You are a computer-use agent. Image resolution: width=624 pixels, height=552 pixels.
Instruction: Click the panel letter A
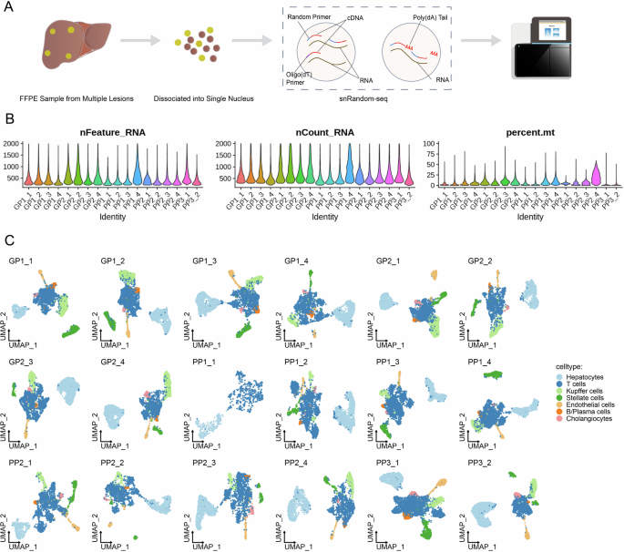(x=10, y=8)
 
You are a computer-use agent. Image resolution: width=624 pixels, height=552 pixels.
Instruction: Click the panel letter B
(x=10, y=118)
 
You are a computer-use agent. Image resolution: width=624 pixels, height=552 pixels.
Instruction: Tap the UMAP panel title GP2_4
(x=113, y=363)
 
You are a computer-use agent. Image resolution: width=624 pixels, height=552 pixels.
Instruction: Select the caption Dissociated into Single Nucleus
(x=194, y=96)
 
